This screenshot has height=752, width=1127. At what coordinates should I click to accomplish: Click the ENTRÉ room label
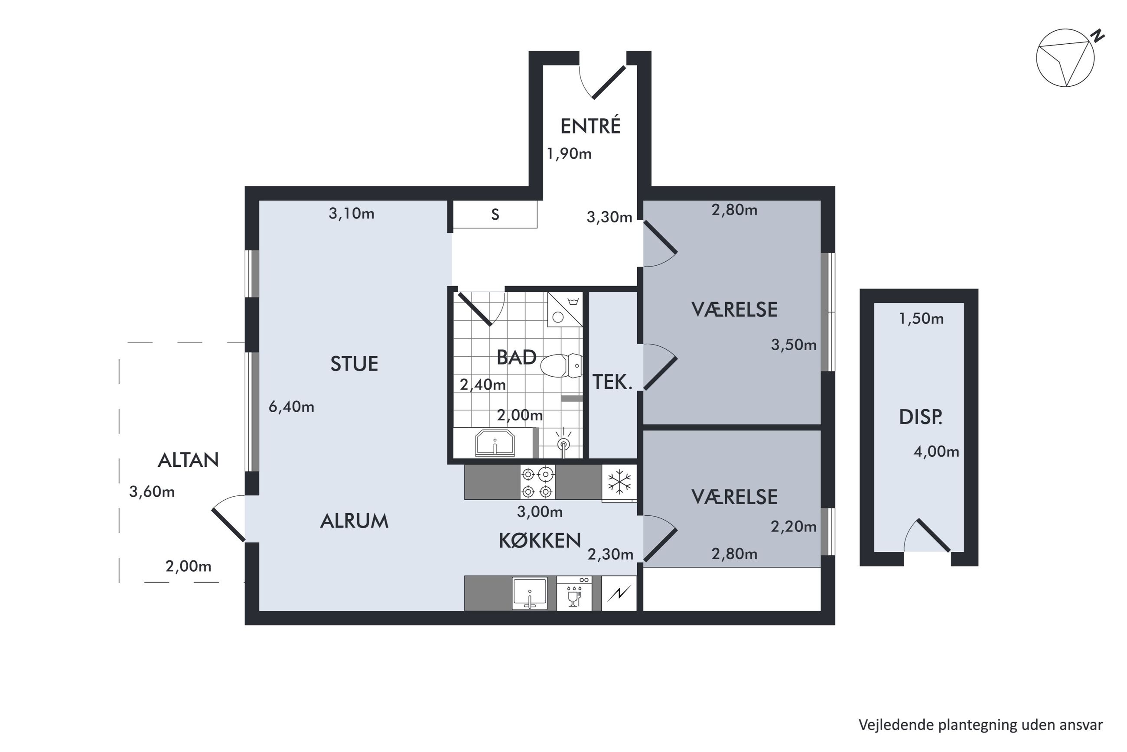click(x=590, y=126)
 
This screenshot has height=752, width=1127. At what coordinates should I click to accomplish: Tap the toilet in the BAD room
click(x=561, y=365)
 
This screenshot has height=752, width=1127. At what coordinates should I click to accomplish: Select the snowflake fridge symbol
click(x=619, y=482)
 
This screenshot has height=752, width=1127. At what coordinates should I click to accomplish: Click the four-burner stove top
click(x=537, y=482)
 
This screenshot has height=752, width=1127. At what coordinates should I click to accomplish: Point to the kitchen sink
click(x=529, y=593)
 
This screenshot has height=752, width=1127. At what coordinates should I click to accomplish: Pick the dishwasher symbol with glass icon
click(x=574, y=593)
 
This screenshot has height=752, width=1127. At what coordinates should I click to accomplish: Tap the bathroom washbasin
click(x=495, y=443)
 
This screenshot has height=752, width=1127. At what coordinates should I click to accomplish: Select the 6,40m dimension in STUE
click(x=291, y=407)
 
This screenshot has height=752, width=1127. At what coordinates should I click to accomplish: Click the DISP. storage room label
click(x=920, y=417)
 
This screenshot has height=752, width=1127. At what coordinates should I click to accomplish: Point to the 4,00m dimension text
click(x=936, y=451)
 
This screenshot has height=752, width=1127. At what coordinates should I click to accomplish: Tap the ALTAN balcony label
click(x=188, y=460)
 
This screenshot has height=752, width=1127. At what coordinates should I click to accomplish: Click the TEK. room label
click(x=612, y=382)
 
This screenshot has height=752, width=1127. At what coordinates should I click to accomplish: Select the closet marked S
click(x=495, y=215)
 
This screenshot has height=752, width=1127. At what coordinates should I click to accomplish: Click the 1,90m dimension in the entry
click(x=569, y=154)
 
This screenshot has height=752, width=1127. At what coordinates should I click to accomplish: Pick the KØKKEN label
click(x=540, y=541)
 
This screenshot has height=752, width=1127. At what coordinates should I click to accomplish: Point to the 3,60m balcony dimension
click(x=152, y=492)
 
